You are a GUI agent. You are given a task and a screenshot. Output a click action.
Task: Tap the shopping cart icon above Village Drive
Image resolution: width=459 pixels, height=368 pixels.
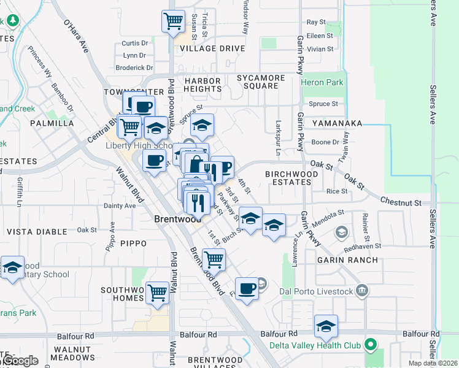[174, 22]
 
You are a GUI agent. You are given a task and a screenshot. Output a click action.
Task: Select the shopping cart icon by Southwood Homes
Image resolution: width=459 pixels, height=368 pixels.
[157, 292]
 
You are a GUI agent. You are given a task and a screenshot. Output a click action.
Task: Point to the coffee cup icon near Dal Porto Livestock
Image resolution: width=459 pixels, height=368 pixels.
[247, 288]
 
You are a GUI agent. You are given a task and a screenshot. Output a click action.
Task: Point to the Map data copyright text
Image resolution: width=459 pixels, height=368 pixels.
[433, 363]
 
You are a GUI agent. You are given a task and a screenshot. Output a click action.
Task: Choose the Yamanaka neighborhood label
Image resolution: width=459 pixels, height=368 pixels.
[339, 123]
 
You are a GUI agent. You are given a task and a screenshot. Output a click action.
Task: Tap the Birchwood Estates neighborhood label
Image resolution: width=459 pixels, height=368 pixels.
[291, 178]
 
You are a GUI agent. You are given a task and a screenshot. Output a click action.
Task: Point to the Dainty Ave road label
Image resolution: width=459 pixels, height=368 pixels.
[120, 206]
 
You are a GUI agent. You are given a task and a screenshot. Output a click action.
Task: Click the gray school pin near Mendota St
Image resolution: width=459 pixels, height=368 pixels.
[341, 232]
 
